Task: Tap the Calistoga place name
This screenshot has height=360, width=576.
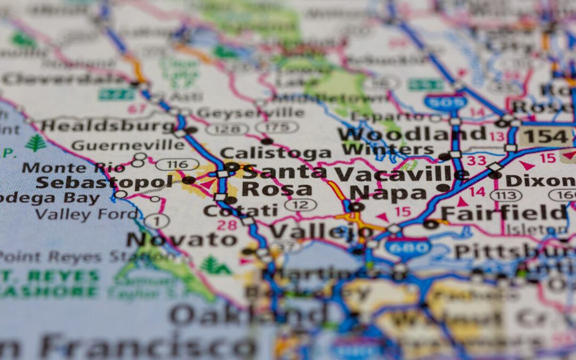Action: [275, 154]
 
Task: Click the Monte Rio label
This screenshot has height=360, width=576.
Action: [74, 167]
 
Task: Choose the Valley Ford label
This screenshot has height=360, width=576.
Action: [86, 214]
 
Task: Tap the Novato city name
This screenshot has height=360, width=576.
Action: [181, 240]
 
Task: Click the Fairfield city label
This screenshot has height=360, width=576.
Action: [503, 213]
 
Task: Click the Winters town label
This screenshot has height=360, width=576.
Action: [388, 149]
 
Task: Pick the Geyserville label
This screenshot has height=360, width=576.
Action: [250, 113]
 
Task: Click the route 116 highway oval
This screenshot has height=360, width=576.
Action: [177, 164]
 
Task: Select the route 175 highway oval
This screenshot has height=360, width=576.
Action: [276, 127]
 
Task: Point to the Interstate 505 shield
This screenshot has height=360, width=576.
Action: [446, 101]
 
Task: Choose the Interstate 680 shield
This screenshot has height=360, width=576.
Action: [408, 247]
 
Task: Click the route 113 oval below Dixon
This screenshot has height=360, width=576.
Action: [506, 196]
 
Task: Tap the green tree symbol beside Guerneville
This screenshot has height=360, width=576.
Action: [36, 143]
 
